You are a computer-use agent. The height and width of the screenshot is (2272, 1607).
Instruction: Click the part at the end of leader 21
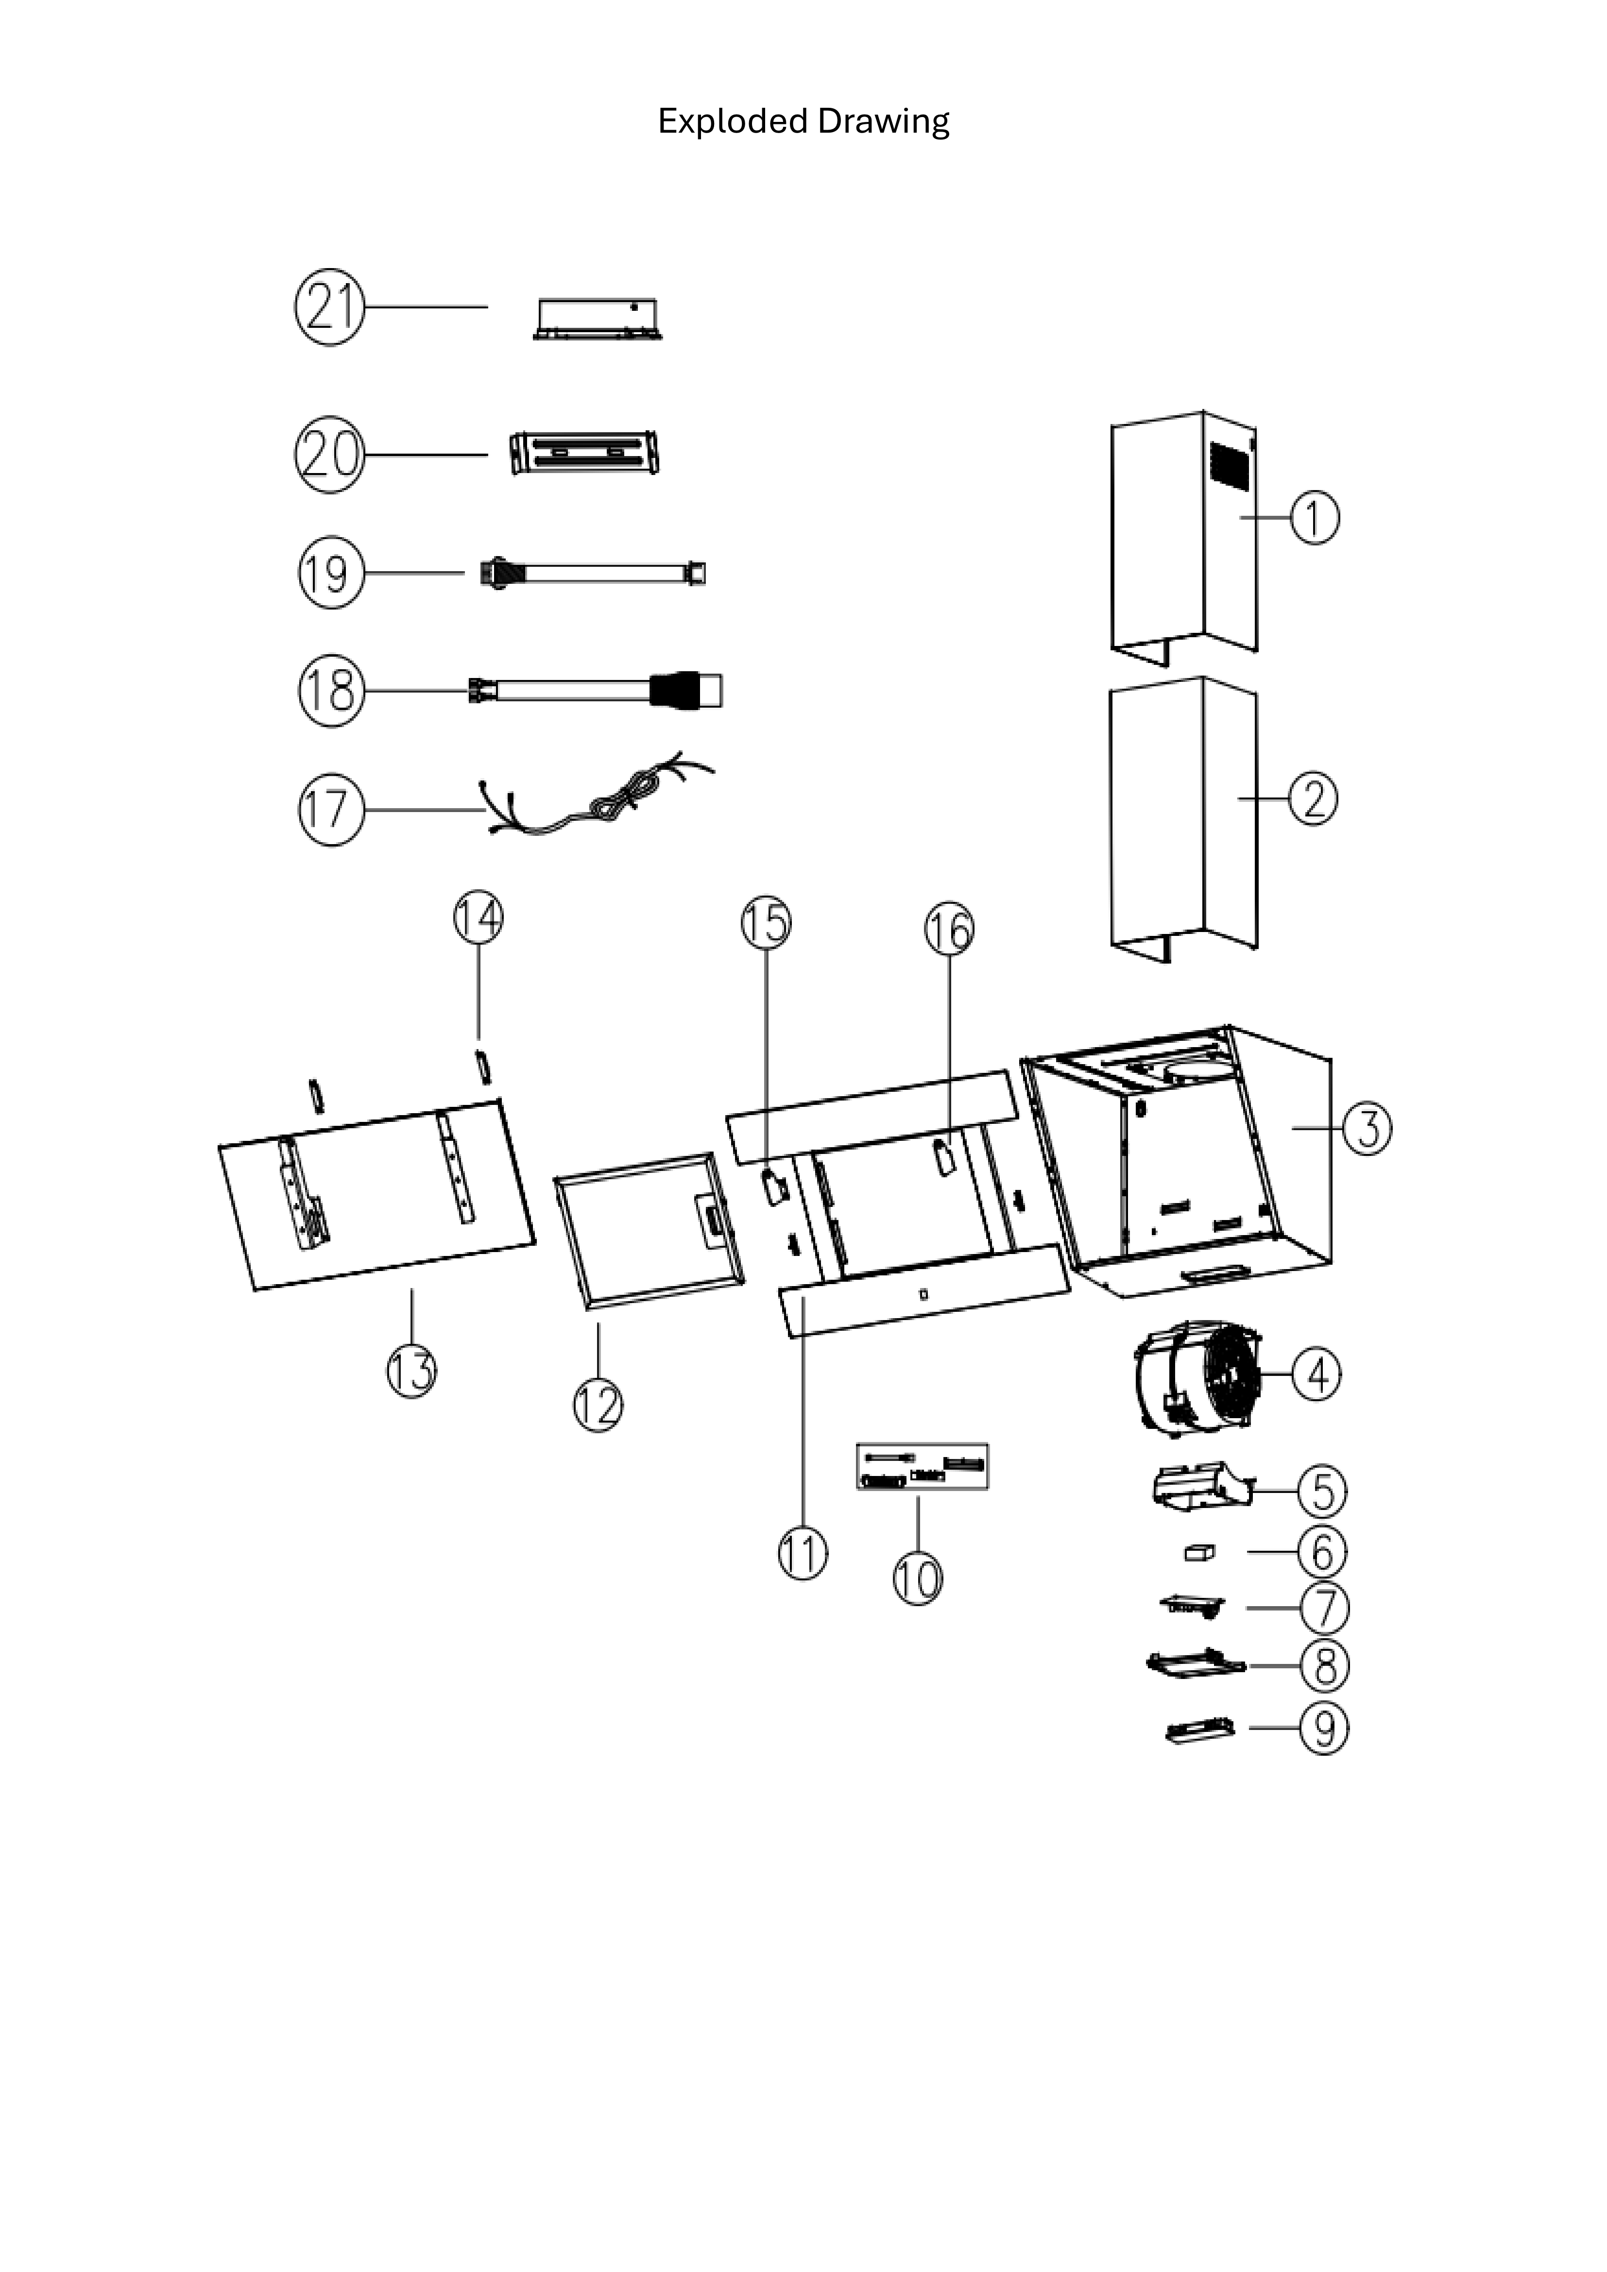click(597, 319)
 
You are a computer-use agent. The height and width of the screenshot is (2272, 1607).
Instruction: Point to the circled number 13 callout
click(411, 1372)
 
